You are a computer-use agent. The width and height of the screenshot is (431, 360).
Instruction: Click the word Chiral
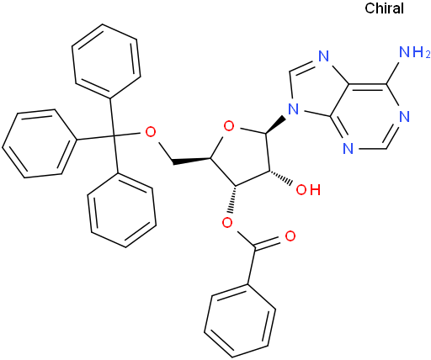[384, 8]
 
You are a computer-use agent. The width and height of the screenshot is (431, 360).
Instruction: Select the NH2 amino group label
[414, 52]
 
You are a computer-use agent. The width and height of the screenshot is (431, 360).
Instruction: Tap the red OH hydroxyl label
[308, 190]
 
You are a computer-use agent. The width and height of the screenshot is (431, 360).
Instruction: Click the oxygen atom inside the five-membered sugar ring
[229, 127]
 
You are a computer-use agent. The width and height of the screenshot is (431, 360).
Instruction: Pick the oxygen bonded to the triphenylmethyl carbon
[151, 132]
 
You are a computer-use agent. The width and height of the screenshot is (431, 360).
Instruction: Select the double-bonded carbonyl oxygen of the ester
[290, 236]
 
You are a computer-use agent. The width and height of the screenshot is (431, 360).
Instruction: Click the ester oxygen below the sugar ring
[227, 223]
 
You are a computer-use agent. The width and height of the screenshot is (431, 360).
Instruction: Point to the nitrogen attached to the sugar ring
[294, 109]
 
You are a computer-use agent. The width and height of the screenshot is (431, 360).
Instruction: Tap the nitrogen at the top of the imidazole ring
[323, 56]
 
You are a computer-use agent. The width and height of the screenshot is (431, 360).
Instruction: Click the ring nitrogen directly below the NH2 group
[404, 116]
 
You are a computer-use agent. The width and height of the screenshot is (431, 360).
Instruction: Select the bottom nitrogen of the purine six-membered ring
[348, 149]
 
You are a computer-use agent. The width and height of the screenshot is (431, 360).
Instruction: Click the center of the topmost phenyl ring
[106, 61]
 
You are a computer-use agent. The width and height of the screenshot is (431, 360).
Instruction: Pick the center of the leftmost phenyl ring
[40, 143]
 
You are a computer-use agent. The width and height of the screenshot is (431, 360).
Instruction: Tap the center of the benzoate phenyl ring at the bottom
[240, 321]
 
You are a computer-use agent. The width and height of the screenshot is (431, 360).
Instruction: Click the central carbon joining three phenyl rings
[114, 136]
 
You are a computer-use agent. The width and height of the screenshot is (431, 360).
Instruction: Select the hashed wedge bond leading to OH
[281, 177]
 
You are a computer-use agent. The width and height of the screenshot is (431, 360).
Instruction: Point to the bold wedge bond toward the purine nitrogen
[275, 125]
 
